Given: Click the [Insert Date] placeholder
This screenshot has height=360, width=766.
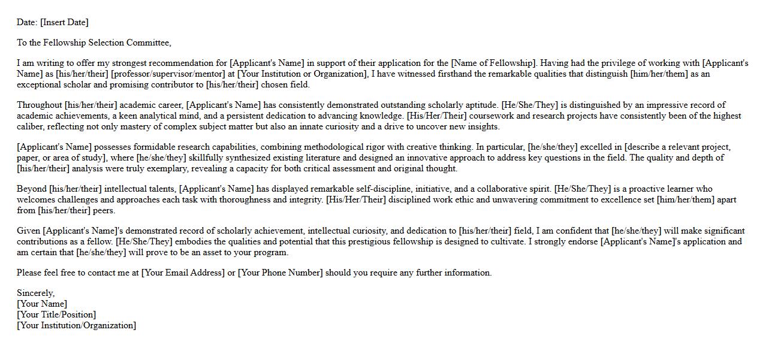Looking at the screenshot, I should tap(64, 23).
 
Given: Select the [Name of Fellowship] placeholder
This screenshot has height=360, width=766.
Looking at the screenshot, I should tap(493, 63).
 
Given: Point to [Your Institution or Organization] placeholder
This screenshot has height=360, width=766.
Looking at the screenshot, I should tap(302, 74).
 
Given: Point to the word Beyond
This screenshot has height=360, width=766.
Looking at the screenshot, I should tap(31, 189).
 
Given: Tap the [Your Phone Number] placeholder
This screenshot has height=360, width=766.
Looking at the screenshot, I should tap(280, 273).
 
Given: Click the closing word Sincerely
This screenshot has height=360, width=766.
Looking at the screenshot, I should tap(35, 294).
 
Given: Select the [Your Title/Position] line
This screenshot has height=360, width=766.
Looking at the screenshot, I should tap(56, 315).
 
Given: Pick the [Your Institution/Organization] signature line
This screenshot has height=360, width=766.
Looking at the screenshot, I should tap(77, 326).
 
